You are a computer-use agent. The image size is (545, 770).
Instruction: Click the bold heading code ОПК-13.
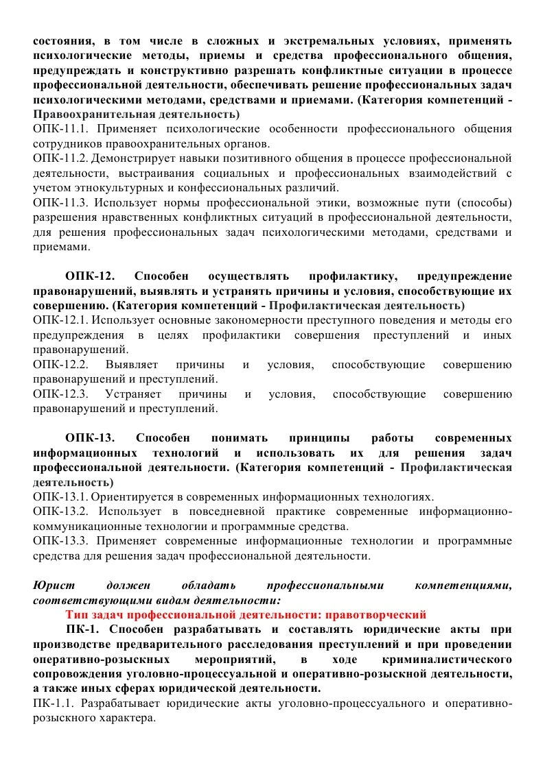[89, 437]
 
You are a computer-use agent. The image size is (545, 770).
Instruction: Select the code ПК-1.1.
[54, 703]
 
